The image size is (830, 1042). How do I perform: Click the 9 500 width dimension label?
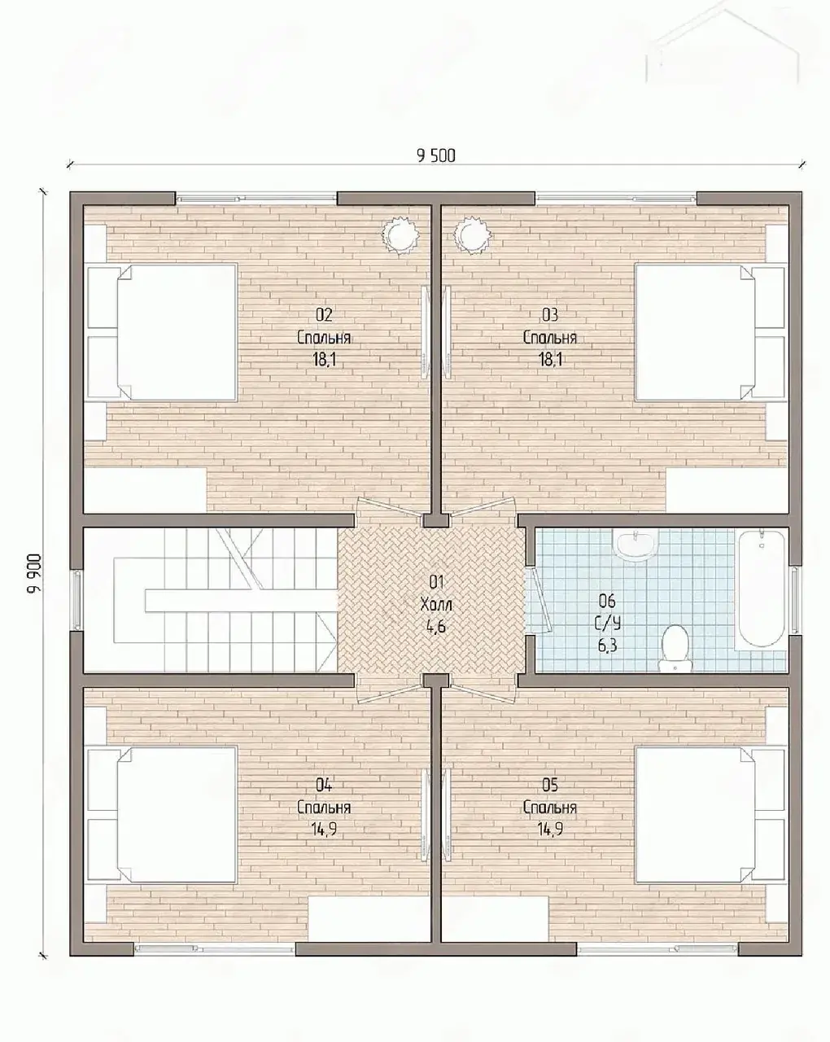[x=435, y=155]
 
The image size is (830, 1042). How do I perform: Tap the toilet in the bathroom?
[x=675, y=648]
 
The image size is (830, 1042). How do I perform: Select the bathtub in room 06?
[x=760, y=589]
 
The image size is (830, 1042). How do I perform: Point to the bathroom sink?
[x=636, y=545]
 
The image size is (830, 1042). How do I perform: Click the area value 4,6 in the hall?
[x=435, y=627]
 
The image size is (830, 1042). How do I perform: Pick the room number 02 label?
[x=324, y=315]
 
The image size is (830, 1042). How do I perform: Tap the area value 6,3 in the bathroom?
[x=607, y=646]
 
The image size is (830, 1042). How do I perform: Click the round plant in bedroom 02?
[x=400, y=236]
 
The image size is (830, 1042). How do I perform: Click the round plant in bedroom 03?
[x=473, y=236]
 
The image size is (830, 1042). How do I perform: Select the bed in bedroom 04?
[x=162, y=815]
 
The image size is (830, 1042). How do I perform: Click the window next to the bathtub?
[x=795, y=598]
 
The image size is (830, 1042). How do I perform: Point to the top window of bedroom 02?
[x=256, y=198]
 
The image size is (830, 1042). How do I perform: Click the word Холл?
[x=436, y=605]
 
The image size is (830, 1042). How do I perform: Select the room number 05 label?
[x=550, y=786]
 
